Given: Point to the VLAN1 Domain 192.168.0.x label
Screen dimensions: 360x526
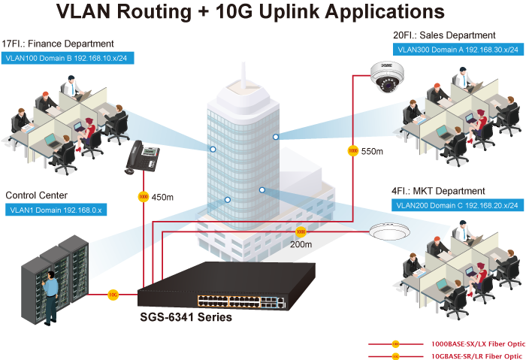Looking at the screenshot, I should [56, 210].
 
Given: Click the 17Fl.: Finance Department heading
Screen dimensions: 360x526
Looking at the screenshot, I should [58, 44].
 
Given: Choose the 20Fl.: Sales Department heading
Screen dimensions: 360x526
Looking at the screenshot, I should [444, 35].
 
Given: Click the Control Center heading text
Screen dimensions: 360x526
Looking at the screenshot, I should [37, 196].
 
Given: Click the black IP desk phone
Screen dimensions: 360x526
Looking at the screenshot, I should [142, 156].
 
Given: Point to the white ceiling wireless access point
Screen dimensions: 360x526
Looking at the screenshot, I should [388, 231].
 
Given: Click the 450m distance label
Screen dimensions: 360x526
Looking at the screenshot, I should [163, 198].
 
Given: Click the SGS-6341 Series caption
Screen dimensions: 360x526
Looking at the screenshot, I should [186, 317].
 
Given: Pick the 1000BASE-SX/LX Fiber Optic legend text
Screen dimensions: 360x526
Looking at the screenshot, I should [476, 343].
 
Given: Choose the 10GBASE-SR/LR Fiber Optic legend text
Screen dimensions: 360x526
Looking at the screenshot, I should [476, 355].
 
